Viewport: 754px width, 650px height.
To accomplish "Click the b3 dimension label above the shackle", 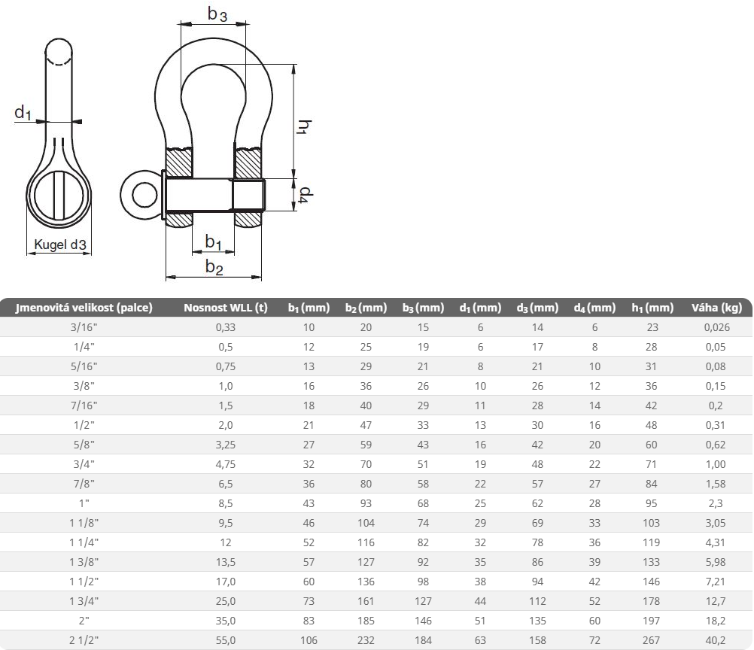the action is tap(217, 14).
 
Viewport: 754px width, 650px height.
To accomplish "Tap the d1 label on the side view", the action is tap(23, 113).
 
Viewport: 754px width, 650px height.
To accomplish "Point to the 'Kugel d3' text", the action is tap(59, 245).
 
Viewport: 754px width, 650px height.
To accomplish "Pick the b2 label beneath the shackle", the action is tap(214, 267).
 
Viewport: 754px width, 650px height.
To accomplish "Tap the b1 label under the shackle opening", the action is tap(213, 241).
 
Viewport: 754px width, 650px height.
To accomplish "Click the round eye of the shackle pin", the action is tap(138, 195).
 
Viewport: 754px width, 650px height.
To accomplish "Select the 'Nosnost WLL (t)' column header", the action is tap(226, 308).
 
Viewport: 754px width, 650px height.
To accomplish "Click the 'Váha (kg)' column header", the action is tap(716, 308).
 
